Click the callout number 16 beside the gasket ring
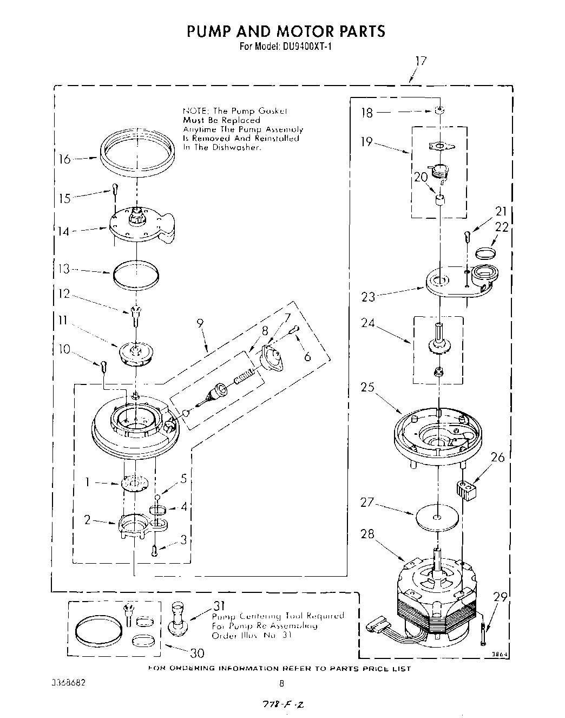pos(64,159)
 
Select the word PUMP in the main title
pos(208,31)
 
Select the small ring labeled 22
pos(486,252)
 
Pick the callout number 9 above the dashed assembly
pos(200,323)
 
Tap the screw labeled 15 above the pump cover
pos(115,188)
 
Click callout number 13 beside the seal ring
pos(64,269)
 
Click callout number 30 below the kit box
pos(196,652)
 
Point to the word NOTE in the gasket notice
pos(192,110)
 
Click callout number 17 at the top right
pos(421,61)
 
